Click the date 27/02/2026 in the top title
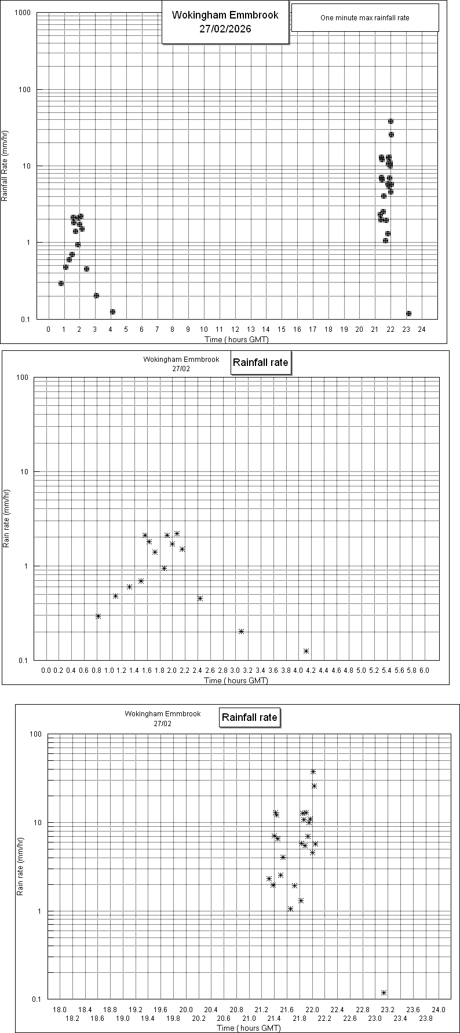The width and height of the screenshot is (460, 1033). click(x=225, y=29)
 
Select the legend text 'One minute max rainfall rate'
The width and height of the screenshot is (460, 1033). click(x=364, y=18)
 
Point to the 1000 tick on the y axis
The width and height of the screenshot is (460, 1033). click(x=23, y=13)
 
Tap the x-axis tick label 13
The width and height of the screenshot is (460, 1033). click(x=250, y=329)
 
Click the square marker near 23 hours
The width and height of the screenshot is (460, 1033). click(x=408, y=313)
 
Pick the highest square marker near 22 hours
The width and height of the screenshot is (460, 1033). click(x=390, y=121)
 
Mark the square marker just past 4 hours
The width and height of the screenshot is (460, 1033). click(x=112, y=312)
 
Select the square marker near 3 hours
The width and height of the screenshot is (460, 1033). click(x=96, y=295)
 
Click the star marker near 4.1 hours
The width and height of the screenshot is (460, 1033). click(x=306, y=651)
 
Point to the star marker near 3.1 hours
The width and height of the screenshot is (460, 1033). click(x=241, y=631)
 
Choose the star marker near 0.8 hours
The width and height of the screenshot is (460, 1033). click(x=98, y=616)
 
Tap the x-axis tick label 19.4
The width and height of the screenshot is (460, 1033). click(x=148, y=1018)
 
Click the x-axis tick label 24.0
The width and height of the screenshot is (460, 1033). click(x=439, y=1010)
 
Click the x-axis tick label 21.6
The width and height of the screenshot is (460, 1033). click(x=287, y=1010)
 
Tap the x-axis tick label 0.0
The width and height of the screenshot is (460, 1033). click(x=46, y=670)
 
